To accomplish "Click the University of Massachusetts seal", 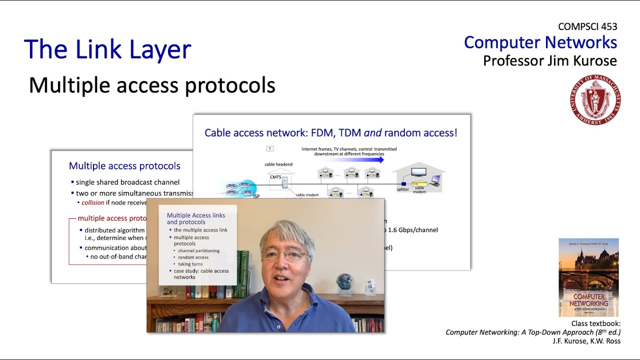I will pos(595,100).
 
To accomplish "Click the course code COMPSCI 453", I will pos(587,27).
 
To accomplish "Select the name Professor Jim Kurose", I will pos(549,61).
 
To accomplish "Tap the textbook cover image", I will pos(588,277).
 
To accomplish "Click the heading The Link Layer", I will pos(107,49).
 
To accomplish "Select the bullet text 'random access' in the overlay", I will pos(193,257).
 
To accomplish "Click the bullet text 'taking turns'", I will pos(190,264).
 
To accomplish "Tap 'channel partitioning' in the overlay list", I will pos(198,250).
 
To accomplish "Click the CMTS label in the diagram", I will pos(275,176).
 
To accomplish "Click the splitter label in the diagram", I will pos(402,189).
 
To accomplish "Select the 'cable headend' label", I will pos(278,164).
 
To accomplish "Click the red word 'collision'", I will pos(93,202).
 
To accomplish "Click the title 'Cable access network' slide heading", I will pos(330,133).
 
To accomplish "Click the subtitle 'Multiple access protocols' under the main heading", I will pos(152,85).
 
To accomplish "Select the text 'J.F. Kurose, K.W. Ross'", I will pos(586,341).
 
